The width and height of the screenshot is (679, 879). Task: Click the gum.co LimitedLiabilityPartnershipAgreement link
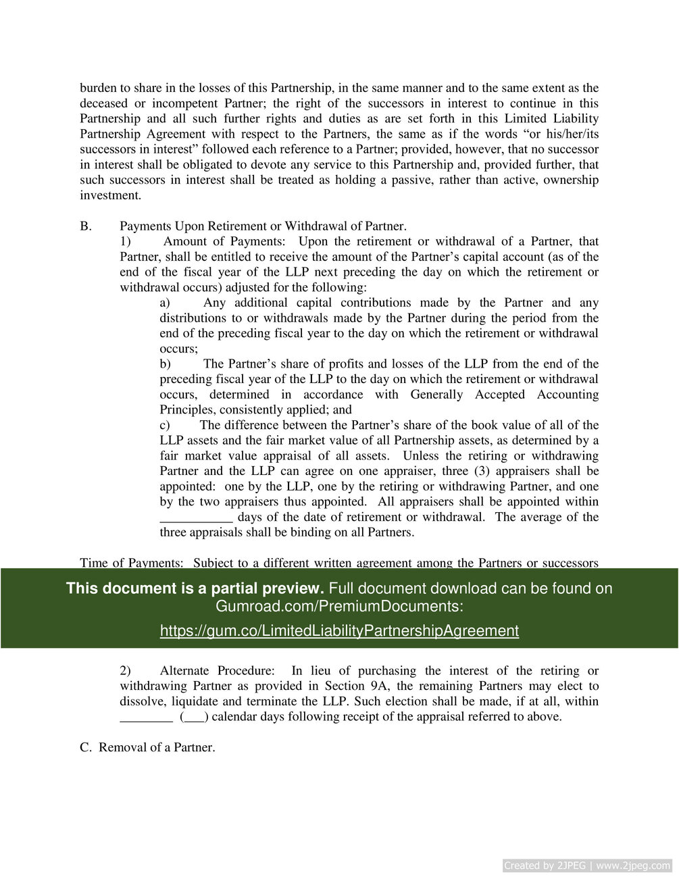339,631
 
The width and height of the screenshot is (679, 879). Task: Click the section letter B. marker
86,226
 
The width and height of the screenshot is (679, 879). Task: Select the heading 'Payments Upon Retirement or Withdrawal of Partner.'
263,226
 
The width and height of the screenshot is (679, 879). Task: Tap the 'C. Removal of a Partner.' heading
147,747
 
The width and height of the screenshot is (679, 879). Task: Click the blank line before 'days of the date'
196,518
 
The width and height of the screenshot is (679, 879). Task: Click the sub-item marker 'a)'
165,303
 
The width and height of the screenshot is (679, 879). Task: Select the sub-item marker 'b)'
165,364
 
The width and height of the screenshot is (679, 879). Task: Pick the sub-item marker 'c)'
165,425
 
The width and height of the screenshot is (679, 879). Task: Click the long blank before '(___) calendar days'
146,717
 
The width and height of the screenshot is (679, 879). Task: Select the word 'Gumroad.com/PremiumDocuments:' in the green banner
339,607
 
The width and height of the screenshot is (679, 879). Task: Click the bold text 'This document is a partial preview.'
195,588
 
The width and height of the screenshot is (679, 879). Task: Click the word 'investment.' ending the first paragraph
111,196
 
